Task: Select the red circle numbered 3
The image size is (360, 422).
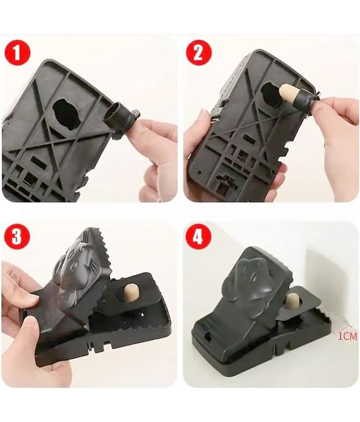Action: [x=17, y=237]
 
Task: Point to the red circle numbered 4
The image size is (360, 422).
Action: [x=198, y=237]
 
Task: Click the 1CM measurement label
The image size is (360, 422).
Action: [x=347, y=336]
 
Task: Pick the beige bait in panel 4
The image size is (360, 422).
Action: [x=291, y=301]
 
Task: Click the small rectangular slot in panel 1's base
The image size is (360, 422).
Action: [x=37, y=160]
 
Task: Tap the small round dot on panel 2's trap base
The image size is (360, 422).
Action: [x=199, y=172]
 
